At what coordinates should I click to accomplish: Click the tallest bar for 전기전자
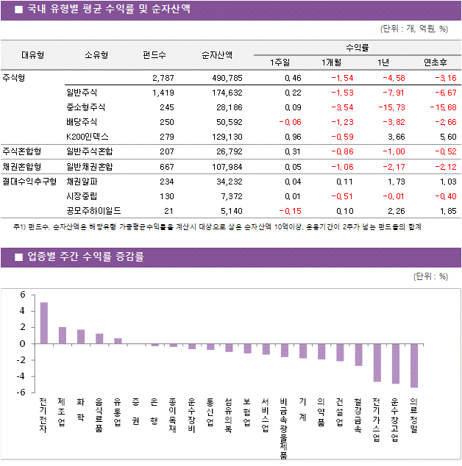click(44, 323)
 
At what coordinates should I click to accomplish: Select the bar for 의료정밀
click(414, 365)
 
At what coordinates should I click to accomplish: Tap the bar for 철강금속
click(358, 354)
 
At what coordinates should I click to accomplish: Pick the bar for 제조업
click(63, 335)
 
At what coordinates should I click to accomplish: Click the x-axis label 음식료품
click(99, 416)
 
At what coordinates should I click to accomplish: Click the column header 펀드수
click(154, 54)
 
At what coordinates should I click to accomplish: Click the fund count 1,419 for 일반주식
click(163, 93)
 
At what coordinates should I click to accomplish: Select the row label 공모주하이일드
click(93, 210)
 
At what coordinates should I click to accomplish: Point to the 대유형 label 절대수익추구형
click(29, 181)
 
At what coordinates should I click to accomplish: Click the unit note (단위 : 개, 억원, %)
click(413, 29)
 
